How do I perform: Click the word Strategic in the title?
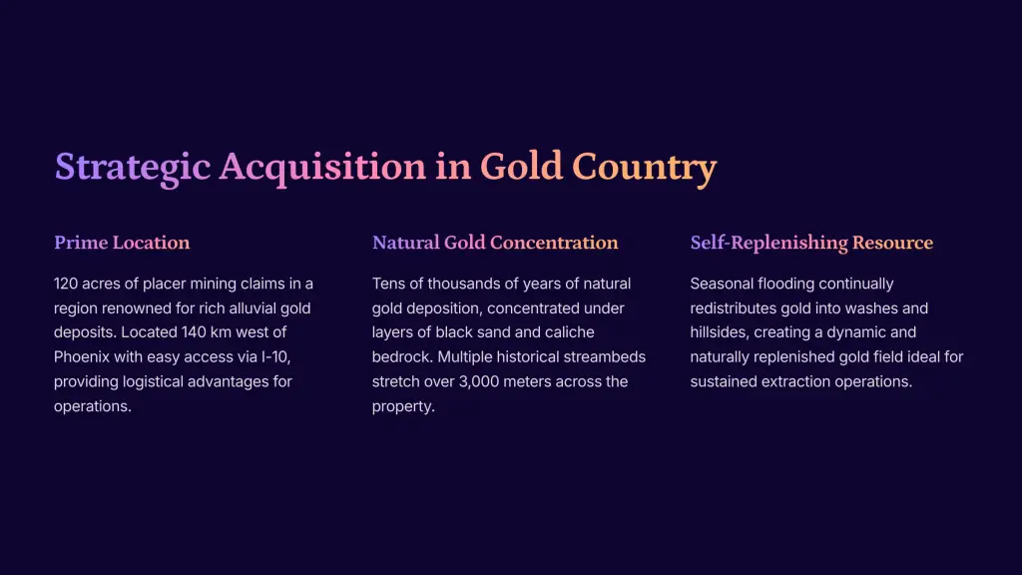click(133, 167)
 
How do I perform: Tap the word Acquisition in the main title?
click(322, 167)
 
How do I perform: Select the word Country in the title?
click(644, 167)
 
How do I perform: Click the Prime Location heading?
click(122, 243)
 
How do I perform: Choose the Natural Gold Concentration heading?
click(495, 243)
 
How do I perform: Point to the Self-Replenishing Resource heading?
click(811, 243)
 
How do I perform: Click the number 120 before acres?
click(66, 284)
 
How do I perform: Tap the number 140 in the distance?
click(194, 332)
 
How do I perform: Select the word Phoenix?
click(82, 357)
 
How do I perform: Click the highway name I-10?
click(275, 357)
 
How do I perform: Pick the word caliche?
click(570, 332)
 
